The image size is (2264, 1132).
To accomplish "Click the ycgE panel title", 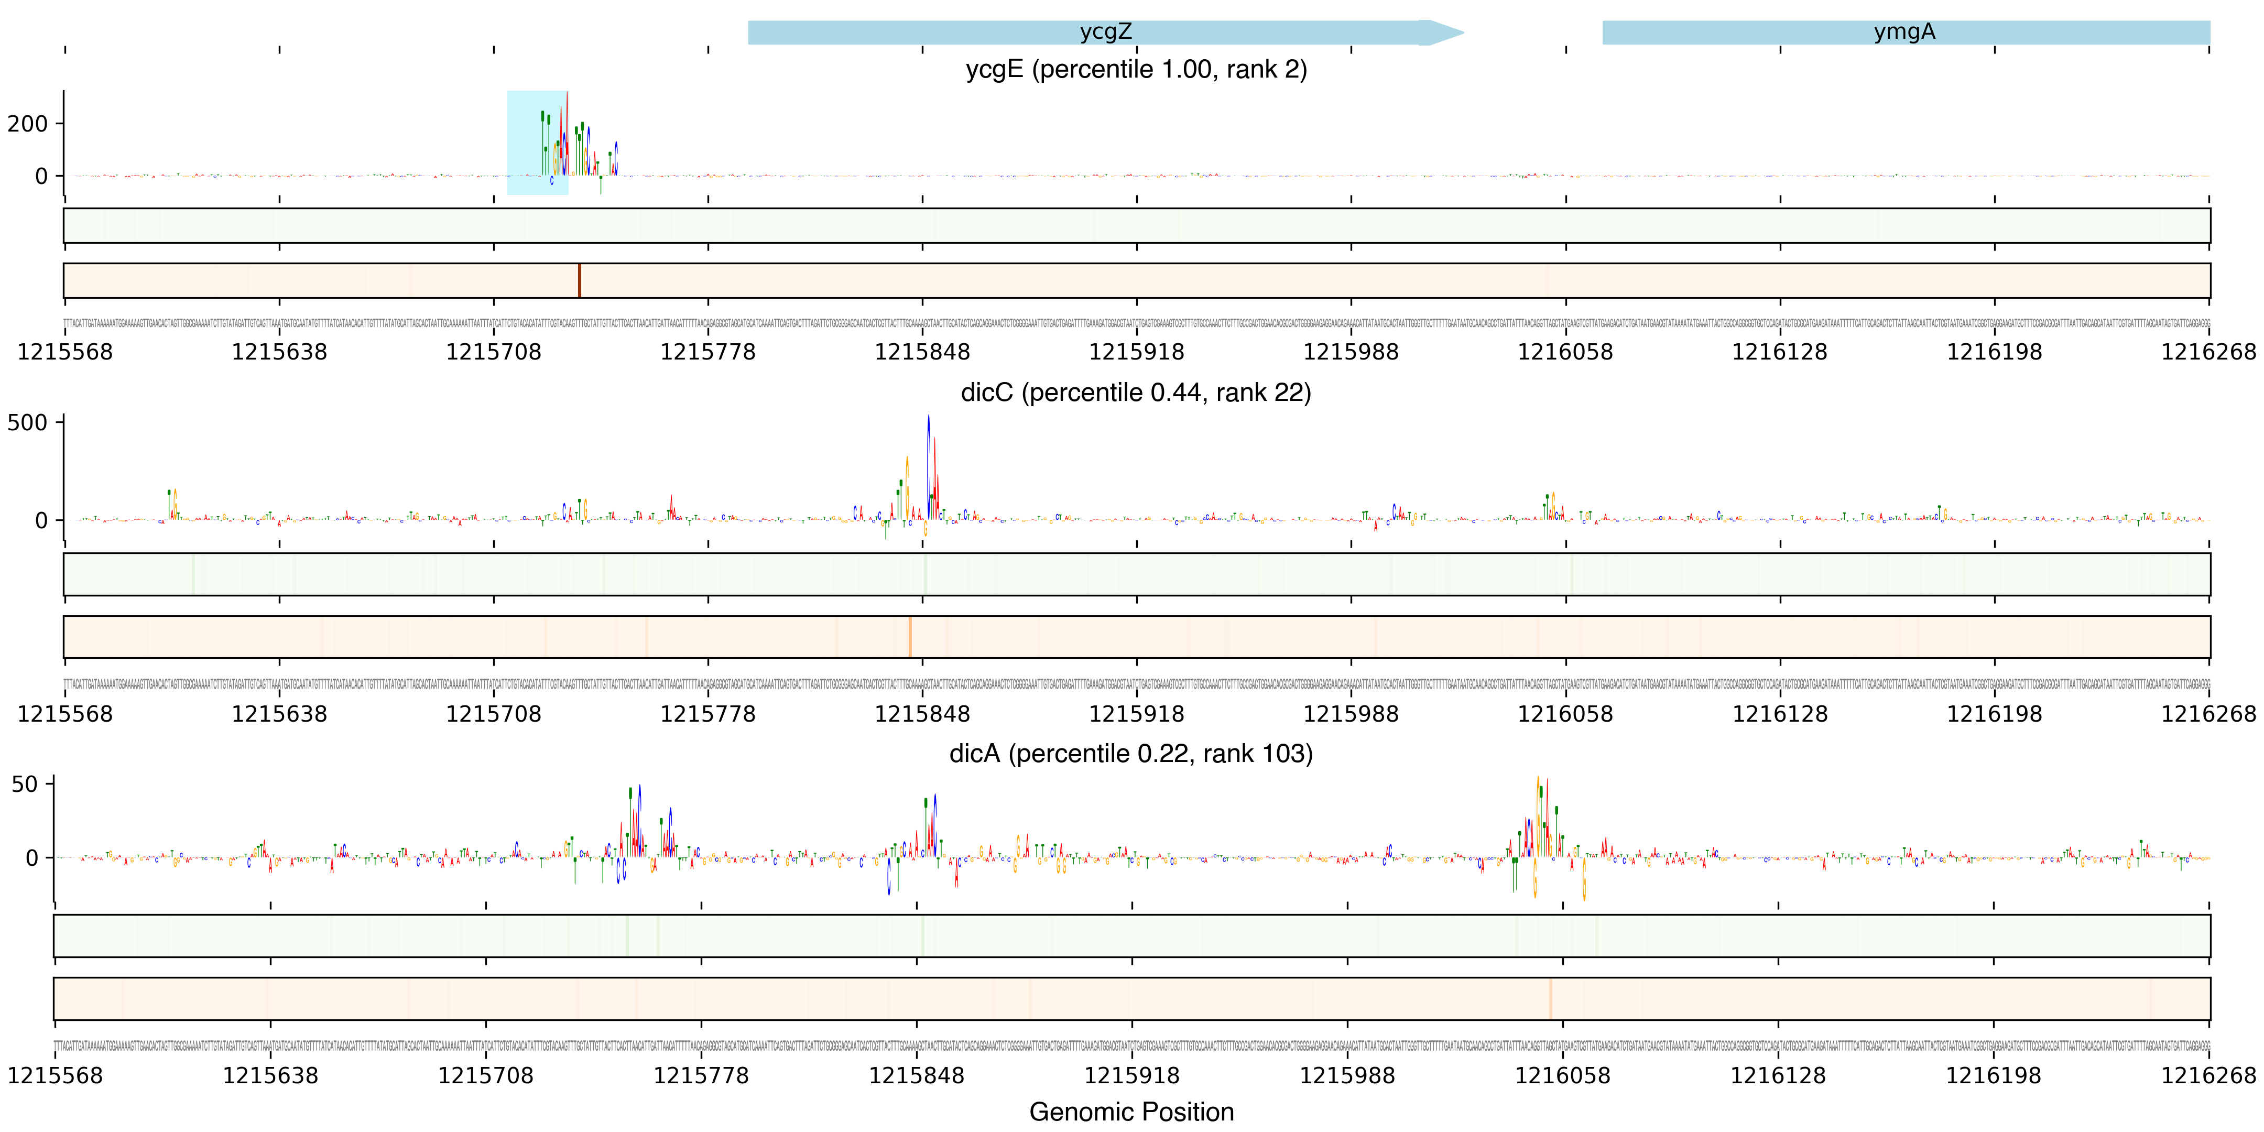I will point(1136,69).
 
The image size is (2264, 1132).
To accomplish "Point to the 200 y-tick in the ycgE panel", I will point(28,124).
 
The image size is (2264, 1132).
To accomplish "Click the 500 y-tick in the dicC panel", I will point(28,423).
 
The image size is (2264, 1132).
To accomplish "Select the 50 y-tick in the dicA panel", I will point(25,784).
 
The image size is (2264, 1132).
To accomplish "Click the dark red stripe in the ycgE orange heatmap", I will point(579,280).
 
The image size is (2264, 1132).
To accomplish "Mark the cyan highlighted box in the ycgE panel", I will point(537,143).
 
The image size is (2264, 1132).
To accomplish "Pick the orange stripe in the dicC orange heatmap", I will point(910,636).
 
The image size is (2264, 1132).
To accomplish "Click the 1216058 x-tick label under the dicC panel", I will point(1565,714).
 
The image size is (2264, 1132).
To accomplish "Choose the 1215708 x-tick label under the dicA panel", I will point(486,1076).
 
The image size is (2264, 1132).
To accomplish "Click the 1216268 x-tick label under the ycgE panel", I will point(2208,352).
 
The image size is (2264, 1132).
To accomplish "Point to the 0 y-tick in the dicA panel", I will point(32,858).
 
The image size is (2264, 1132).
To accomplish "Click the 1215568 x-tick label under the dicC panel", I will point(65,714).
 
